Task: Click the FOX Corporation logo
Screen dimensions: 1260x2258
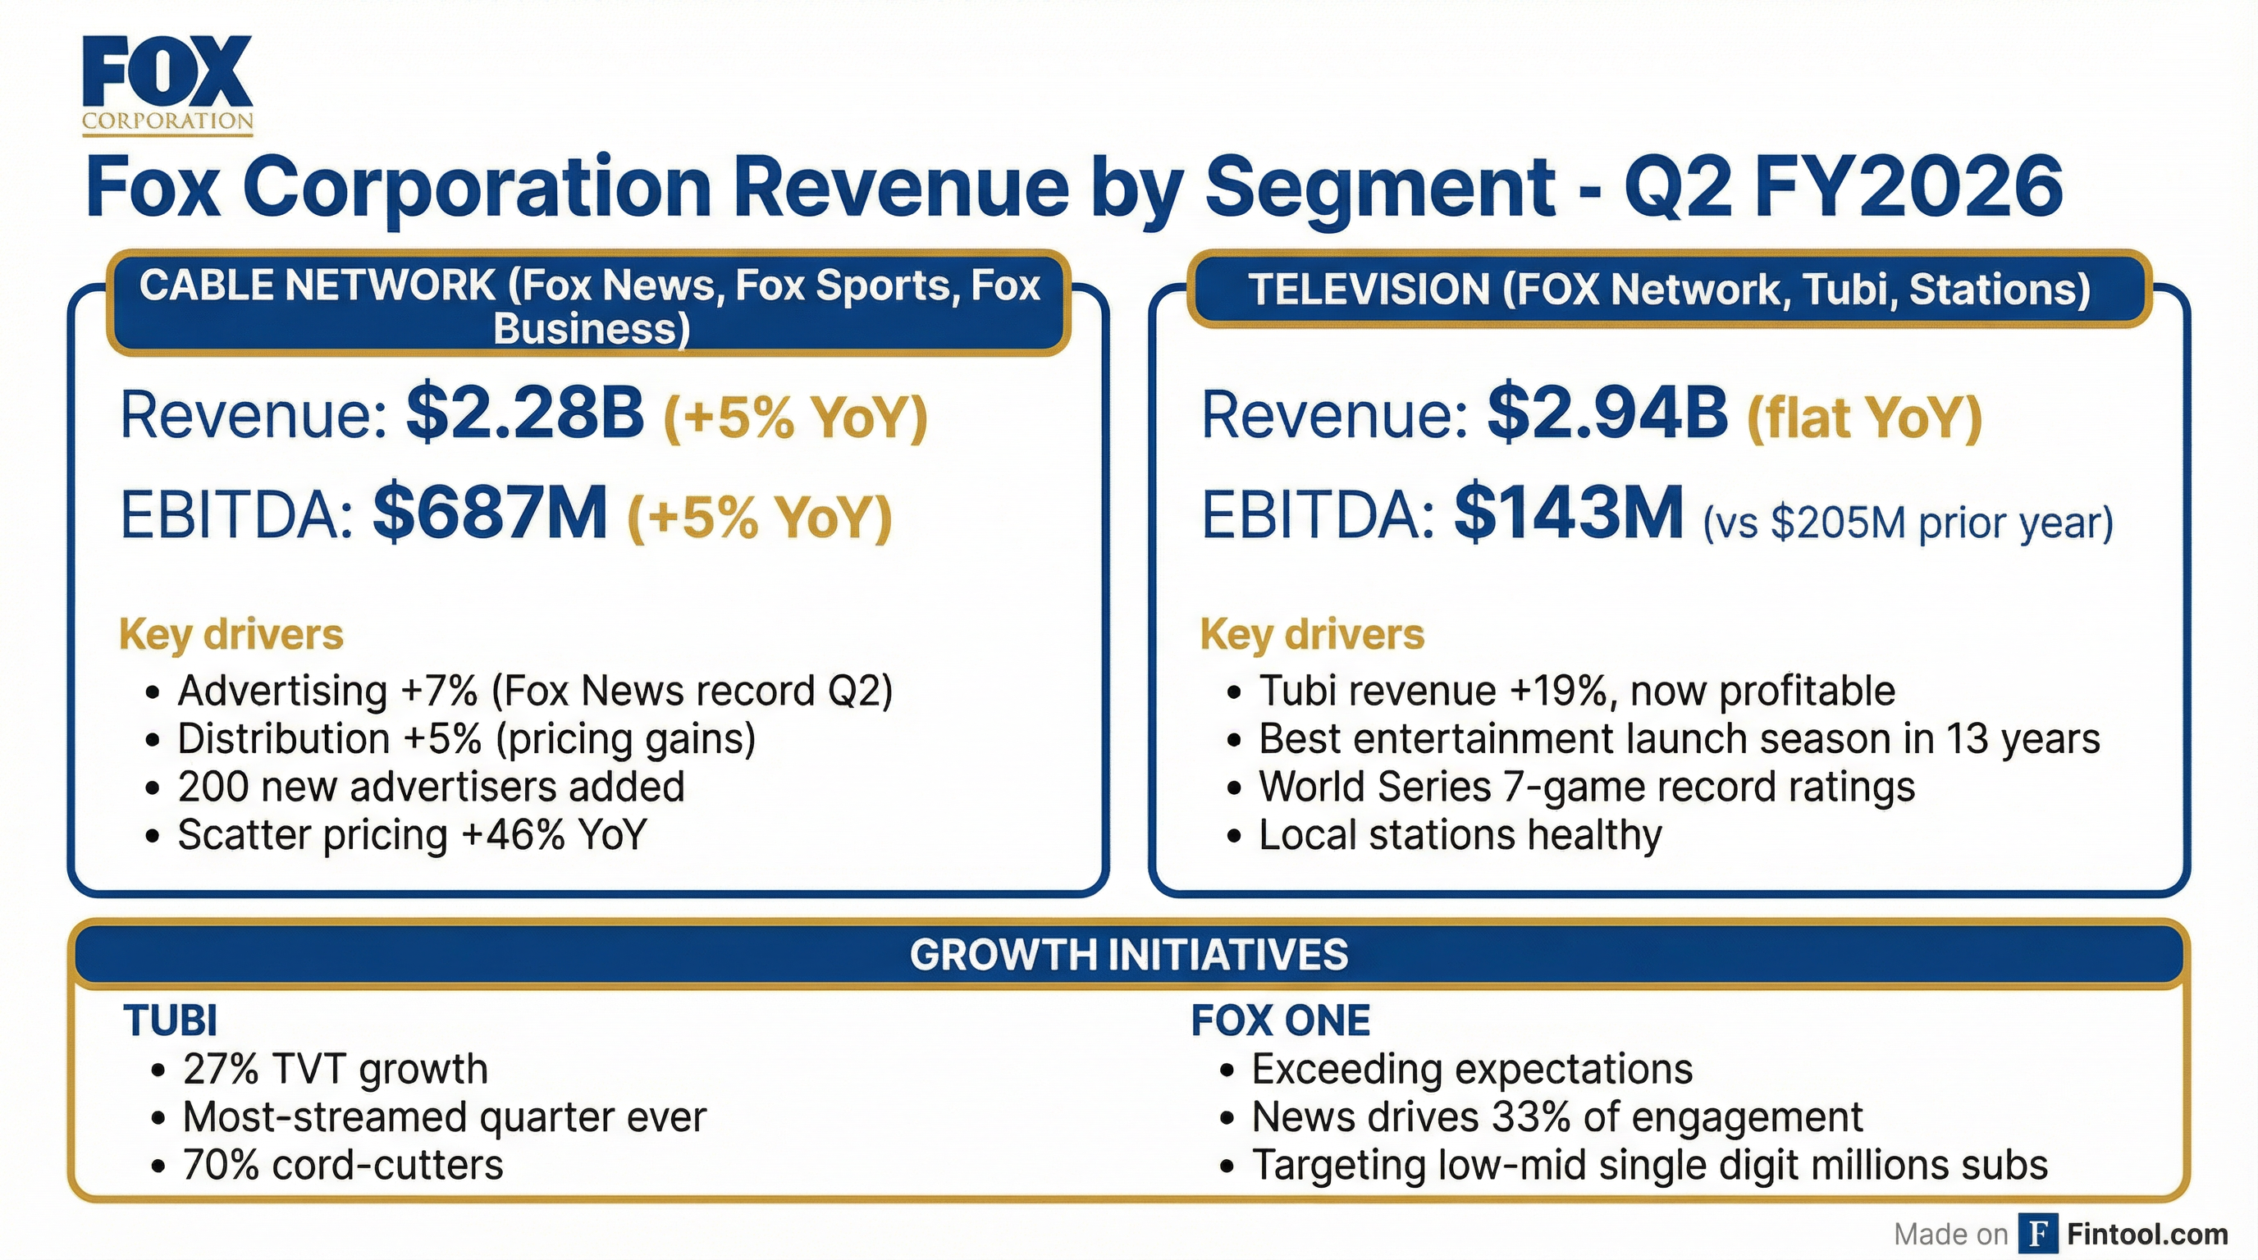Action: coord(167,85)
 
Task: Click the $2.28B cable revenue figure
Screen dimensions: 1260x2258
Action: coord(525,413)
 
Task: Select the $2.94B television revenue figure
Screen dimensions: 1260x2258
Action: coord(1607,413)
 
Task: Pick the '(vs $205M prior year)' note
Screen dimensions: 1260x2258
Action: coord(1908,523)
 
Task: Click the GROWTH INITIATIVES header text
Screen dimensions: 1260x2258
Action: coord(1129,955)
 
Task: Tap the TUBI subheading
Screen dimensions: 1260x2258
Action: coord(170,1020)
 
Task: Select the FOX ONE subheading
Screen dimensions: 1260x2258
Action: coord(1280,1020)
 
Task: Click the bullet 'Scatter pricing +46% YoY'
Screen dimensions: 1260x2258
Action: coord(412,834)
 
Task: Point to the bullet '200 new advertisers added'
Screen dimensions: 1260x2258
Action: coord(431,786)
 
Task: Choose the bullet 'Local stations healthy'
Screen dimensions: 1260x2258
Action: coord(1460,834)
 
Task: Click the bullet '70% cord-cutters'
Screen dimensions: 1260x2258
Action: coord(343,1166)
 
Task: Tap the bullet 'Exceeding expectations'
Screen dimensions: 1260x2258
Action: coord(1472,1069)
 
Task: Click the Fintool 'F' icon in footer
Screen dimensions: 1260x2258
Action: coord(2039,1234)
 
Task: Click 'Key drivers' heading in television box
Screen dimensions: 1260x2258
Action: coord(1311,633)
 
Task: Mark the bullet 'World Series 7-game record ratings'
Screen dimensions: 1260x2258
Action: coord(1587,786)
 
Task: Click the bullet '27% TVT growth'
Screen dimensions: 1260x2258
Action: coord(335,1069)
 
